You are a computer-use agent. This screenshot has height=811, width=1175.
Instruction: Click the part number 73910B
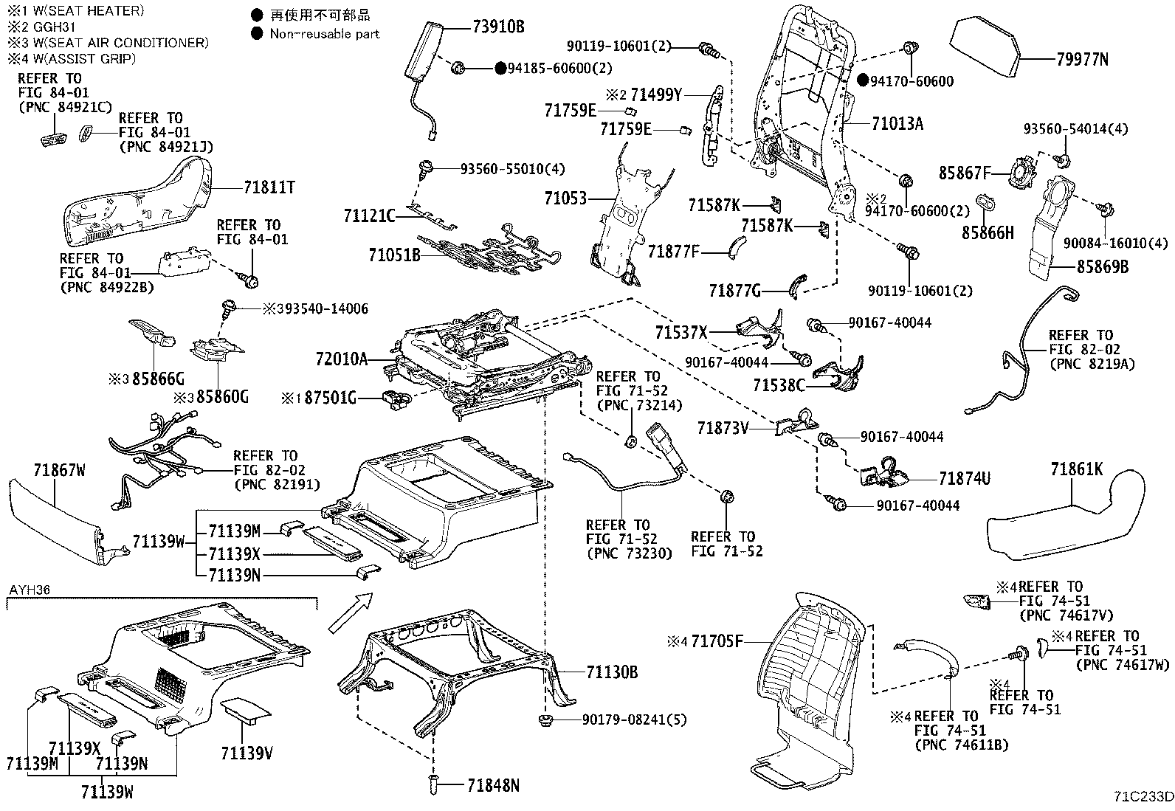pos(498,27)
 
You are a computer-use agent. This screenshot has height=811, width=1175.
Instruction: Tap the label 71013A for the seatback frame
pos(897,123)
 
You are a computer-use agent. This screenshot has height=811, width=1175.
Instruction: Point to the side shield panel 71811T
pos(137,203)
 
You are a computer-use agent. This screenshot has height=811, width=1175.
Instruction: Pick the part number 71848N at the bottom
pos(492,786)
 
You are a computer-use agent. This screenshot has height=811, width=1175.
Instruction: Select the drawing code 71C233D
pos(1143,797)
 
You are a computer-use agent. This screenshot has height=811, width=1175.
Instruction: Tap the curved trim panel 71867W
pos(55,520)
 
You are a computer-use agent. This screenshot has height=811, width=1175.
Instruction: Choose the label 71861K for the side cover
pos(1077,469)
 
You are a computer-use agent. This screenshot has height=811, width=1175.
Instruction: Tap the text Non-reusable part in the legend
pos(325,33)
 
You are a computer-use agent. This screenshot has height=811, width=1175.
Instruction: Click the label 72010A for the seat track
pos(342,359)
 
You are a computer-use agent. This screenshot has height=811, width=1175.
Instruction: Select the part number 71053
pos(565,199)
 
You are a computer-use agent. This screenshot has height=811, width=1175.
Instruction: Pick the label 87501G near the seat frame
pos(330,398)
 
